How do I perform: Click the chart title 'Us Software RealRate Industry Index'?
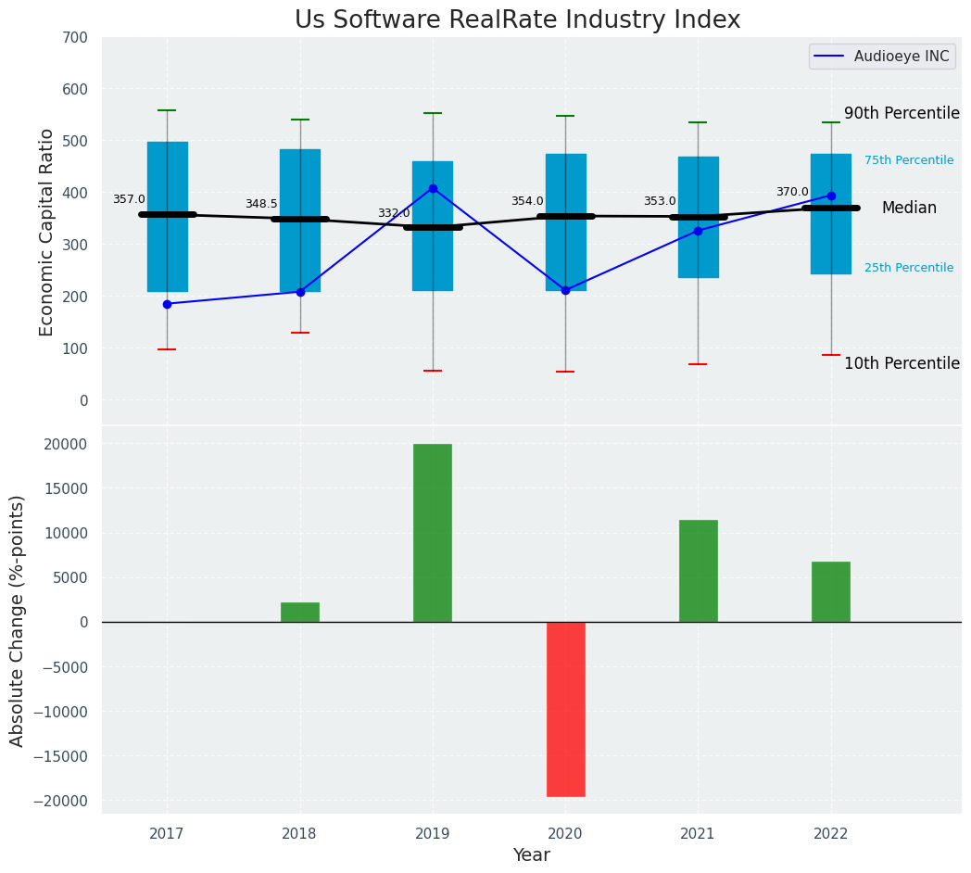(517, 19)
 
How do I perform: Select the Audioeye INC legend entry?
(880, 57)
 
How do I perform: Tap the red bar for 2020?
(565, 709)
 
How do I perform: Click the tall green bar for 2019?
(433, 533)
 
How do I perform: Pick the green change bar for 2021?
(698, 571)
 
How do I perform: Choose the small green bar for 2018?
(300, 613)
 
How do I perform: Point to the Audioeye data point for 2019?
(433, 188)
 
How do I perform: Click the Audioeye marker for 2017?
(167, 304)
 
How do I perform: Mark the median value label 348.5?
(261, 204)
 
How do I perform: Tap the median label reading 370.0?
(792, 192)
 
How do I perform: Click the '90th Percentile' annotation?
(902, 113)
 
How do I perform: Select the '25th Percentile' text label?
(908, 268)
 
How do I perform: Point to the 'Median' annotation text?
(909, 209)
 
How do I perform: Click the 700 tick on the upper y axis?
(75, 38)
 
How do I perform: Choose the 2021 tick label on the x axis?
(698, 834)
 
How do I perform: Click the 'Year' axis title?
(531, 855)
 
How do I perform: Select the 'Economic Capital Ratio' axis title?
(47, 232)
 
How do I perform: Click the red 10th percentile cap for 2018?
(300, 333)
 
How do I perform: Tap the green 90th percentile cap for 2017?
(167, 110)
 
